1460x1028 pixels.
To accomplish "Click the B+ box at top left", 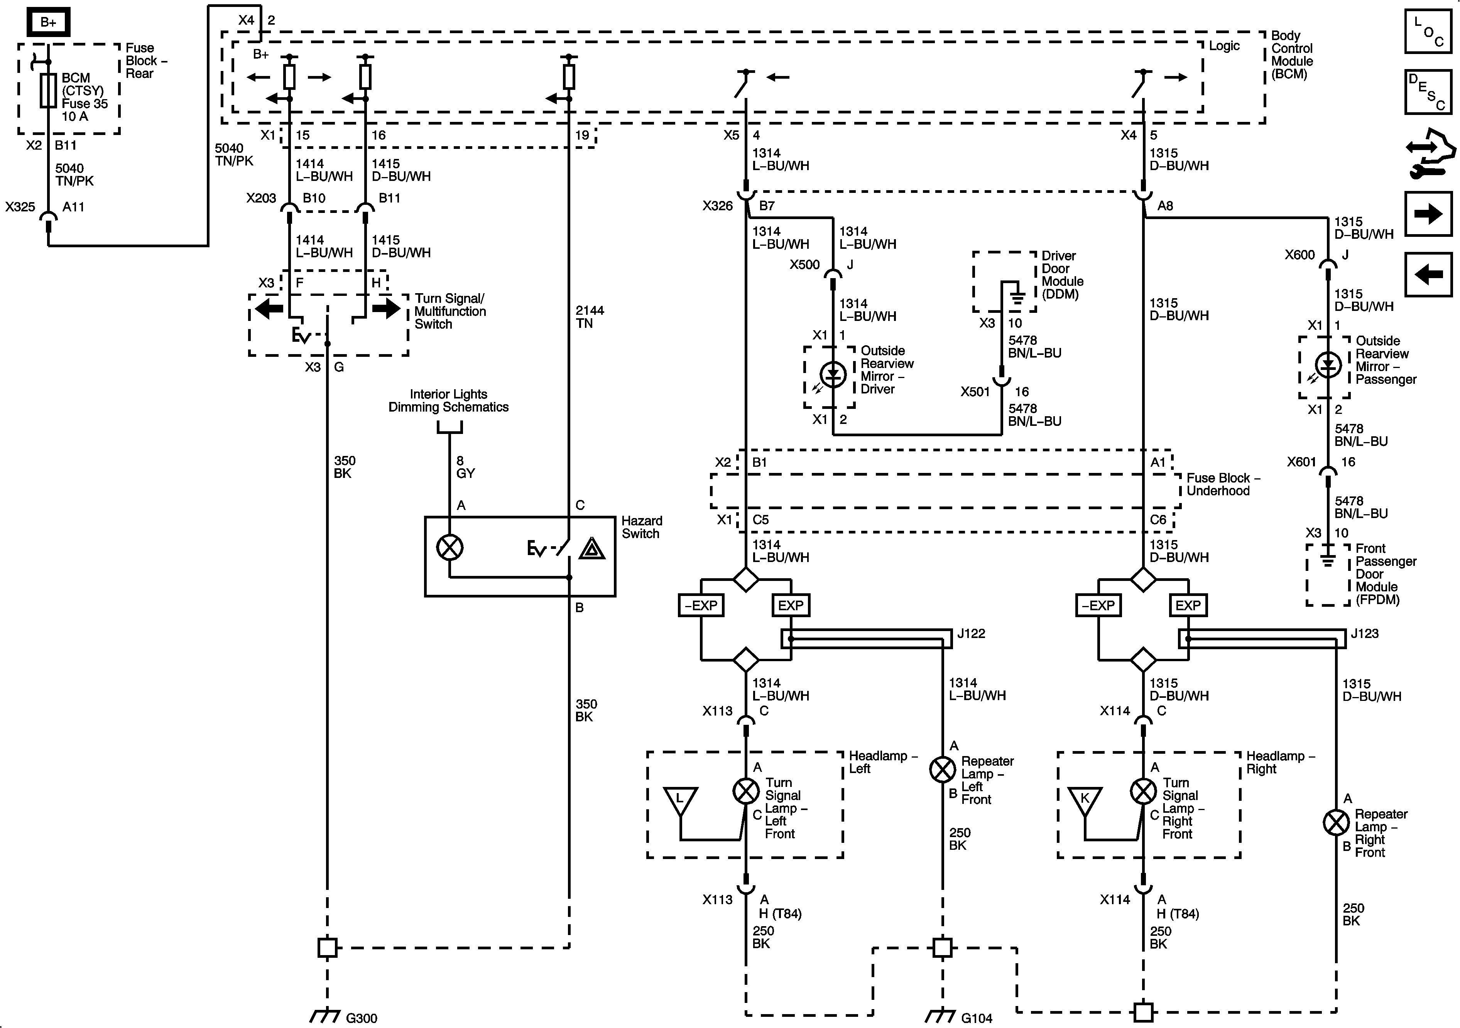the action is click(48, 23).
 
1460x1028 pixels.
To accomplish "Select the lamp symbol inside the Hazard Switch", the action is click(449, 547).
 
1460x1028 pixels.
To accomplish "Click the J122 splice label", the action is click(971, 633).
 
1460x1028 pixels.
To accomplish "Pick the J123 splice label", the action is click(1365, 633).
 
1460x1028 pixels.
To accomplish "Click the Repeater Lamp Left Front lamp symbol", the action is click(942, 770).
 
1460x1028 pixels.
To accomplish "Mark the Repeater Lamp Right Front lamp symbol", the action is click(1336, 823).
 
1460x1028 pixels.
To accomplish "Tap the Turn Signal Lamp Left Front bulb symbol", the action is click(746, 792).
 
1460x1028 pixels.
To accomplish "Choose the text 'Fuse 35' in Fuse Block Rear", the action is click(84, 104).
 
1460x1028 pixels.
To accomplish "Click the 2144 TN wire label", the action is click(590, 317).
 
